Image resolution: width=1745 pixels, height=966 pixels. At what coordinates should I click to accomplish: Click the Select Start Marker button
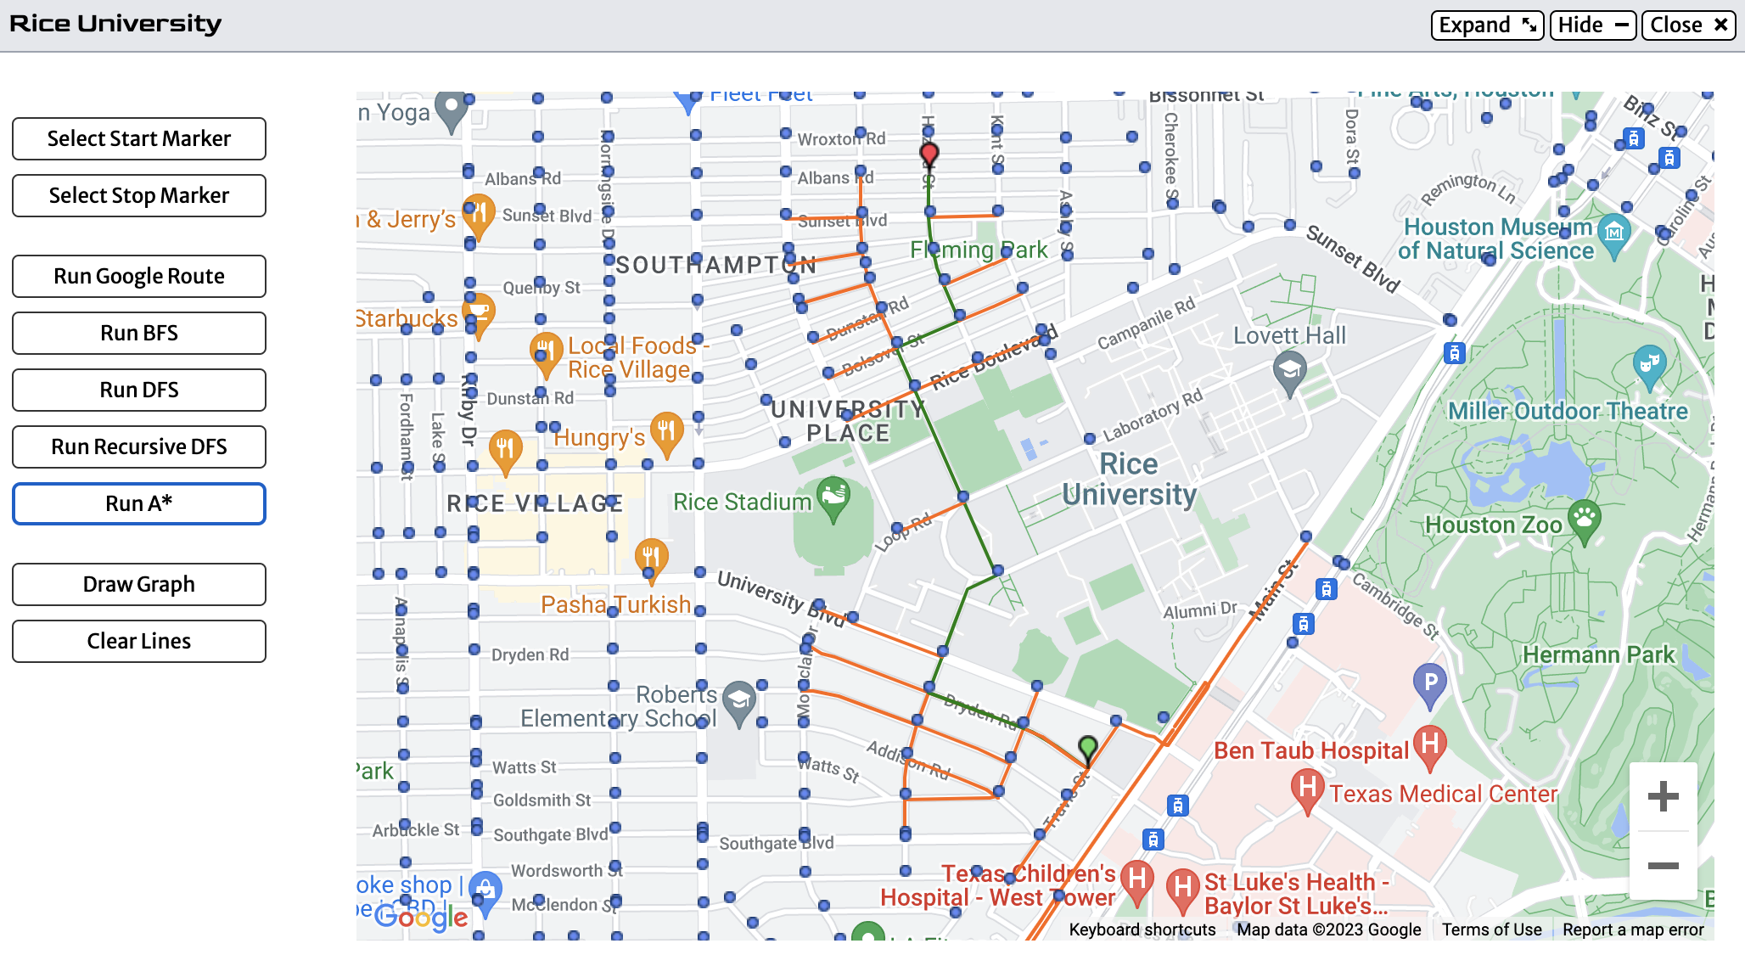[x=138, y=138]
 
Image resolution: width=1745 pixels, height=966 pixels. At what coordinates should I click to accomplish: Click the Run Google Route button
[x=138, y=276]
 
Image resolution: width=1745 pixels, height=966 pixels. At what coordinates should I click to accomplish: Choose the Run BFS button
[x=138, y=333]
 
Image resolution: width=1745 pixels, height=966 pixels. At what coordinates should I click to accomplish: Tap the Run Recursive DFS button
[x=138, y=446]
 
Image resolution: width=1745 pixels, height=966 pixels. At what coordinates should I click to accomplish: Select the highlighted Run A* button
[x=138, y=503]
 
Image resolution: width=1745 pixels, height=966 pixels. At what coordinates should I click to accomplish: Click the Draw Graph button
[x=138, y=584]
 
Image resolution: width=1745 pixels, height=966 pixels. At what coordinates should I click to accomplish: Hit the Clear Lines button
[x=138, y=641]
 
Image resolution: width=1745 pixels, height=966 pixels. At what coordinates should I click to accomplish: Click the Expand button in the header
[x=1486, y=25]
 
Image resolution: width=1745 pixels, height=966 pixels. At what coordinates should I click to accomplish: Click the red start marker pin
[x=929, y=154]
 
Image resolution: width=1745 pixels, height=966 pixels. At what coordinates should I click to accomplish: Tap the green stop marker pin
[x=1087, y=748]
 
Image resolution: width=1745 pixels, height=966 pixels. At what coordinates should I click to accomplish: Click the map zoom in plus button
[x=1663, y=795]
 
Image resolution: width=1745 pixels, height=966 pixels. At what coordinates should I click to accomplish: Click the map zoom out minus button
[x=1663, y=865]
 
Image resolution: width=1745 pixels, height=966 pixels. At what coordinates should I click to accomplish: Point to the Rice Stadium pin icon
[x=833, y=495]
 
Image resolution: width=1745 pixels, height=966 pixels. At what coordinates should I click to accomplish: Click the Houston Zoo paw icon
[x=1584, y=517]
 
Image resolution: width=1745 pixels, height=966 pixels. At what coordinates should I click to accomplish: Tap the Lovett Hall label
[x=1289, y=336]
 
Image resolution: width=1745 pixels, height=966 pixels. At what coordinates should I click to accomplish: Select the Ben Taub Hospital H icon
[x=1429, y=744]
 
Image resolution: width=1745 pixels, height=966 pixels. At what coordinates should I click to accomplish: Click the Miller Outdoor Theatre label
[x=1568, y=411]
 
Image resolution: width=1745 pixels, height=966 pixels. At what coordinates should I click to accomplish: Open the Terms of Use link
[x=1491, y=929]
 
